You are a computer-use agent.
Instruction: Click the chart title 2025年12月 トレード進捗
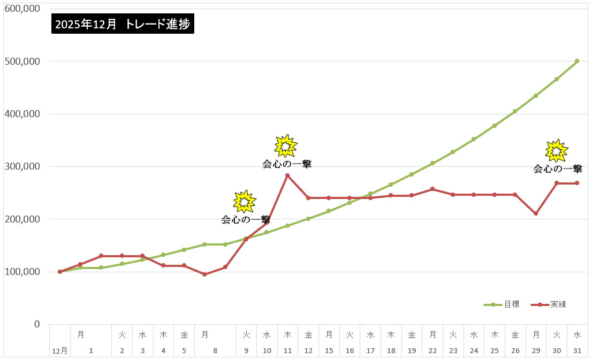coord(123,24)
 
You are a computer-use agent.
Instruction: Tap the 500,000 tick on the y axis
coord(22,61)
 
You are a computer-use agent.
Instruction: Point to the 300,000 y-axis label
coord(22,166)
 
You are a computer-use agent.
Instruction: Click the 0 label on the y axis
coord(36,324)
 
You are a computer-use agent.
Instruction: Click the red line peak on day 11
coord(287,175)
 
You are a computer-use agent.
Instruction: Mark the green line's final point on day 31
coord(577,61)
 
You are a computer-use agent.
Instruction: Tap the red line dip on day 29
coord(536,213)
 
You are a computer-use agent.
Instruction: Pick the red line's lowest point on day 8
coord(204,274)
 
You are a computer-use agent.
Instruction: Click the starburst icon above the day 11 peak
coord(285,145)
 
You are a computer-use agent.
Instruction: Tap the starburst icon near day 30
coord(557,151)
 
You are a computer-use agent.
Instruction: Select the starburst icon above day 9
coord(245,201)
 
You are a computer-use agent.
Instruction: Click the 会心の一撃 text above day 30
coord(558,169)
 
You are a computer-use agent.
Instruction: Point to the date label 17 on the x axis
coord(370,351)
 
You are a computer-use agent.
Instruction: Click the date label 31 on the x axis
coord(577,351)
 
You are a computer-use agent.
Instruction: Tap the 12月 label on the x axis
coord(60,351)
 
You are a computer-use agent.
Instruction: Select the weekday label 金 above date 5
coord(184,335)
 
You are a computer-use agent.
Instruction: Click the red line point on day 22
coord(432,189)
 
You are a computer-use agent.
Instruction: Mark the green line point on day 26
coord(515,111)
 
